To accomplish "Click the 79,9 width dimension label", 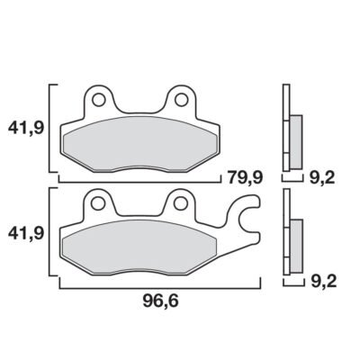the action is click(x=245, y=178).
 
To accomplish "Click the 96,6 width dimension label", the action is click(x=160, y=301).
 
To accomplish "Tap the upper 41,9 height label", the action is click(x=26, y=129).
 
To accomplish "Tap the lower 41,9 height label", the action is click(x=26, y=233).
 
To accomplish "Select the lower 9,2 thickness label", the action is click(x=324, y=282).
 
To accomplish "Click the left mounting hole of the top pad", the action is click(x=98, y=100).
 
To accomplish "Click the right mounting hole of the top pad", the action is click(x=181, y=100).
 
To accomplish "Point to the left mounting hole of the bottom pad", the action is click(x=98, y=203).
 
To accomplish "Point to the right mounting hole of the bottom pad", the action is click(x=181, y=203).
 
